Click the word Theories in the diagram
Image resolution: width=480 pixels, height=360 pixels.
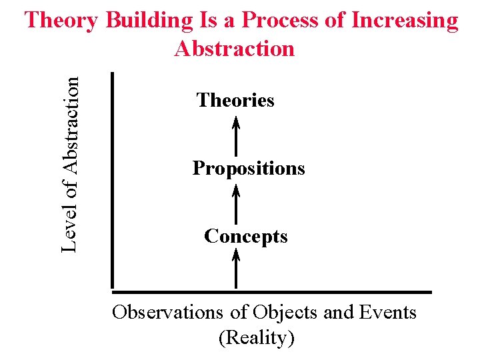235,101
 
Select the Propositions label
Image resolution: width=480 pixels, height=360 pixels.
249,168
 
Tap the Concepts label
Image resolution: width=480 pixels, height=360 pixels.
246,236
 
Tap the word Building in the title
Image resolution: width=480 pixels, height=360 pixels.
148,21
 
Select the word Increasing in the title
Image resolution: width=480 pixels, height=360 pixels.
405,21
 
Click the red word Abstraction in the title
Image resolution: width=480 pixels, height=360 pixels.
234,49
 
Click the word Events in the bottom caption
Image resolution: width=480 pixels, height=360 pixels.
387,312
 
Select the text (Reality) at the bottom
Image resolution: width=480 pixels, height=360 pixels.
257,337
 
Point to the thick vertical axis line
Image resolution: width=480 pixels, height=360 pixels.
113,180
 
